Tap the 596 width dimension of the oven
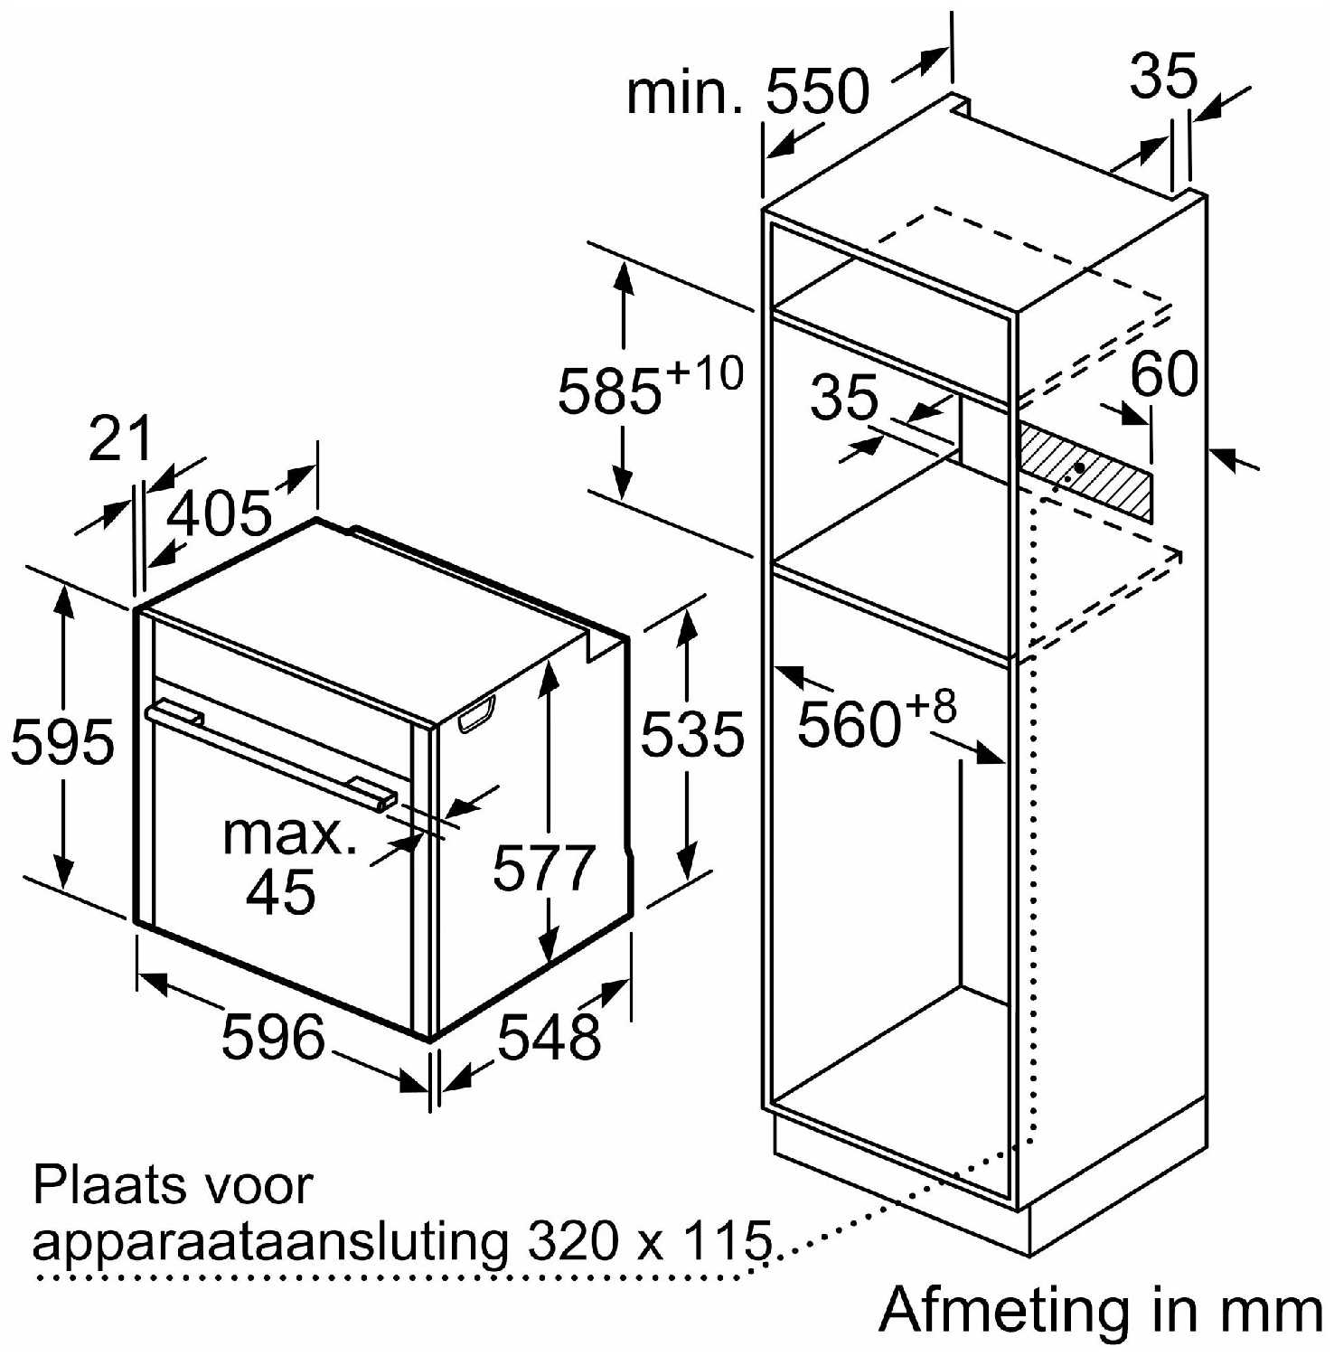[273, 1036]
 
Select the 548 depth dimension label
[550, 1036]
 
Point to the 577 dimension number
[544, 868]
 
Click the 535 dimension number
[692, 733]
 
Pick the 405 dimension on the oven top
[221, 513]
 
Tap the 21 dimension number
[120, 439]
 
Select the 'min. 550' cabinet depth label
[747, 92]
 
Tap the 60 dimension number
[1164, 373]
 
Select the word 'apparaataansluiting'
[270, 1243]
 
